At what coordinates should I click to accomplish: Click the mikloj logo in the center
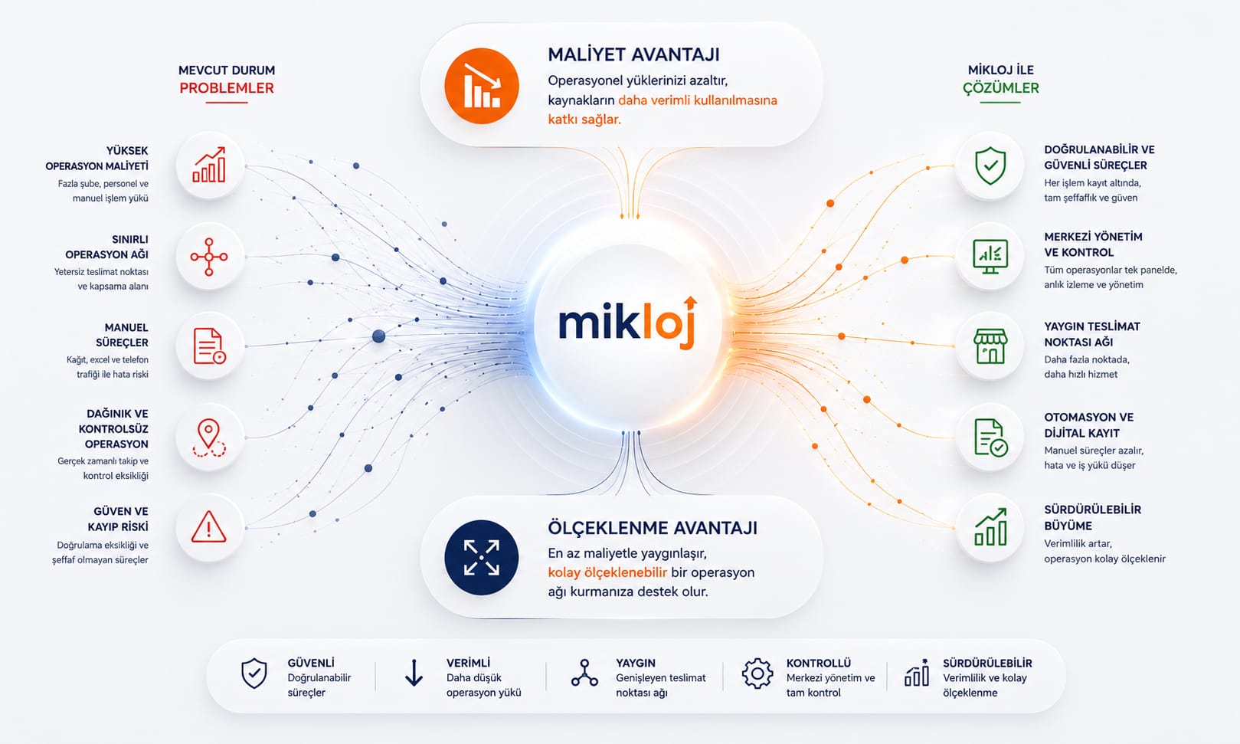[x=628, y=323]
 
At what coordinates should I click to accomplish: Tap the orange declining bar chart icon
[x=482, y=86]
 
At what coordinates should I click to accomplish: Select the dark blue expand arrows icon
[x=482, y=557]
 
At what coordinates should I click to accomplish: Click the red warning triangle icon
[x=208, y=526]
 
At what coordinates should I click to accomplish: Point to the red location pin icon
[x=208, y=438]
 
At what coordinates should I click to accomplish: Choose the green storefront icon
[x=990, y=346]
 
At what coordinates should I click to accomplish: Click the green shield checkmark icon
[x=990, y=166]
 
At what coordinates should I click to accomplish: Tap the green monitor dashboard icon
[x=990, y=257]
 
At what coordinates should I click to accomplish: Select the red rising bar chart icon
[x=208, y=165]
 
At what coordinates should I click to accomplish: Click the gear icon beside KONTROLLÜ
[x=757, y=674]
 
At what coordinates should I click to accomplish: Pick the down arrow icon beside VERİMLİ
[x=414, y=673]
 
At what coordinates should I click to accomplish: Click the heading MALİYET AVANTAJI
[x=634, y=55]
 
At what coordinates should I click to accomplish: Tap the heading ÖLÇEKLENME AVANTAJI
[x=653, y=528]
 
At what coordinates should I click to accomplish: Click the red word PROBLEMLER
[x=227, y=88]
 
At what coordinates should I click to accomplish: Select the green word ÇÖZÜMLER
[x=1001, y=88]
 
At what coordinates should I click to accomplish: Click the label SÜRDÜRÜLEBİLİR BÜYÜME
[x=1093, y=517]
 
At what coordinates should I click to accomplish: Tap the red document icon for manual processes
[x=209, y=346]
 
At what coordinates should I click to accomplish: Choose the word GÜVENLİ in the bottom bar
[x=311, y=663]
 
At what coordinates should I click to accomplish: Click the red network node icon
[x=208, y=257]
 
